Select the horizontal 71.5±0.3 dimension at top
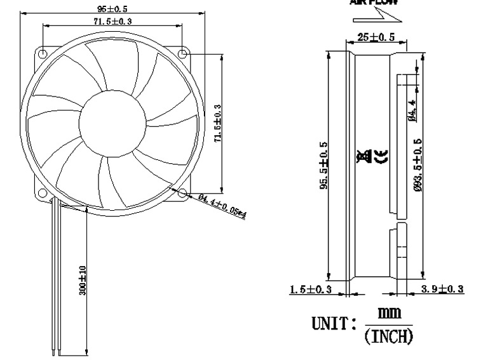112,22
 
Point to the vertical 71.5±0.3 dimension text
217,124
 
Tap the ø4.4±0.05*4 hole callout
222,206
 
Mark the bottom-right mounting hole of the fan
182,192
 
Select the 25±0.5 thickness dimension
375,37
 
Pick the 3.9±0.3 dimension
442,290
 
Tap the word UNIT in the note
329,325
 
